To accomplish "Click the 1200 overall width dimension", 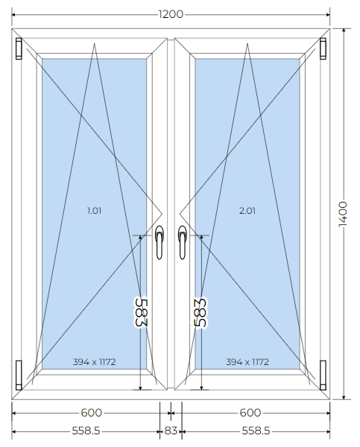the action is click(171, 14).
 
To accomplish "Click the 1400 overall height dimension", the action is click(343, 214).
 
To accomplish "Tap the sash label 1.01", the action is click(94, 211).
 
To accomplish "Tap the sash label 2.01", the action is click(247, 211).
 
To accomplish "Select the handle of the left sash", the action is click(160, 242).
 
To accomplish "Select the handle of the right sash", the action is click(183, 242).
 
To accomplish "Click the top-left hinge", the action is click(19, 48).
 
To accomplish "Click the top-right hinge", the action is click(323, 48).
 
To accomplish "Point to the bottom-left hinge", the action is click(19, 375).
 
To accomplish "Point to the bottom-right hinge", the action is click(323, 375).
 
